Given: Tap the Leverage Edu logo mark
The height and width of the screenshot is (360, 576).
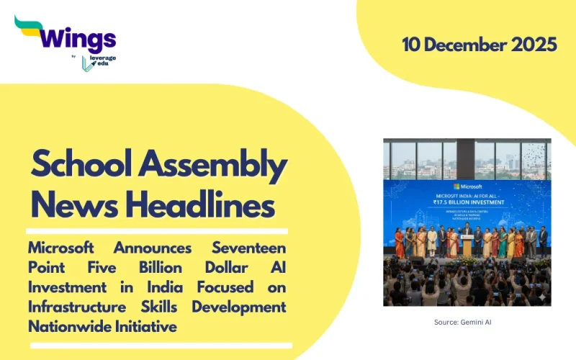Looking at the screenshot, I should (87, 63).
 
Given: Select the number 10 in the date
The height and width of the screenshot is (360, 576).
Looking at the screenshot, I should (413, 45).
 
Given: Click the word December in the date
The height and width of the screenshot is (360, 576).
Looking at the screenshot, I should (469, 45).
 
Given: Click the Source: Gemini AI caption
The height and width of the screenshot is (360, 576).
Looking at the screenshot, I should (467, 322).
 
